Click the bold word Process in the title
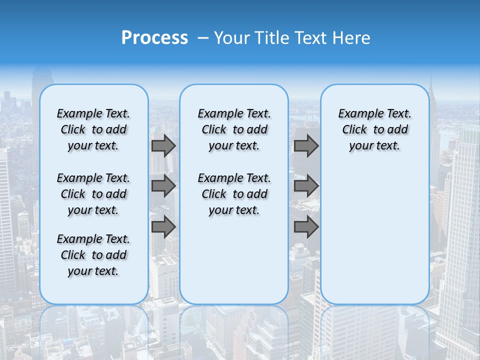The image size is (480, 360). point(154,38)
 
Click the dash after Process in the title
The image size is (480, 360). point(202,38)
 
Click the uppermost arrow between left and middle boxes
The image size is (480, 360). point(163,145)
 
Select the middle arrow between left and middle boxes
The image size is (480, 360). point(163,186)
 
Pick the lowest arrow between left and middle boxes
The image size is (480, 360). point(163,227)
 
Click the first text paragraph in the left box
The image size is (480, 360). point(93,129)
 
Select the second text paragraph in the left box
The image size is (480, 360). point(93,194)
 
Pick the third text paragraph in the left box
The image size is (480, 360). point(93,255)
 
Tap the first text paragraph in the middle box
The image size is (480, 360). point(234,129)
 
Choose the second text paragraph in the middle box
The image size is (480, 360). point(234,194)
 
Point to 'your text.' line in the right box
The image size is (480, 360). point(374,146)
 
